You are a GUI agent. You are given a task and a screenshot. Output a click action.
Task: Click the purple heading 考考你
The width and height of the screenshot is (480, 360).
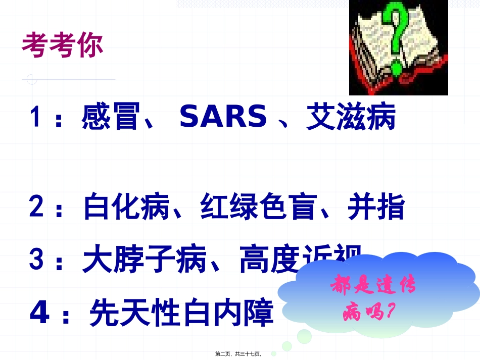pos(63,45)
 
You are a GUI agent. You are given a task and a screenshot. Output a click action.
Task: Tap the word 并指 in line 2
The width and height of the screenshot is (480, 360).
pos(376,207)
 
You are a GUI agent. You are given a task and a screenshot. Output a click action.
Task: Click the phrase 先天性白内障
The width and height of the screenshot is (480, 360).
pos(181,313)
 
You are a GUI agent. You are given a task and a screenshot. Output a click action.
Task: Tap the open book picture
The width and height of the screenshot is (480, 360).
pos(399,47)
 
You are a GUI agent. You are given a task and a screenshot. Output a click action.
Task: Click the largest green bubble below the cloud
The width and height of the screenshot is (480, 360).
pos(305,336)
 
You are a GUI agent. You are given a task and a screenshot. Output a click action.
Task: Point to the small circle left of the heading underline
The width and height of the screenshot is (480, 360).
pos(32,79)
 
